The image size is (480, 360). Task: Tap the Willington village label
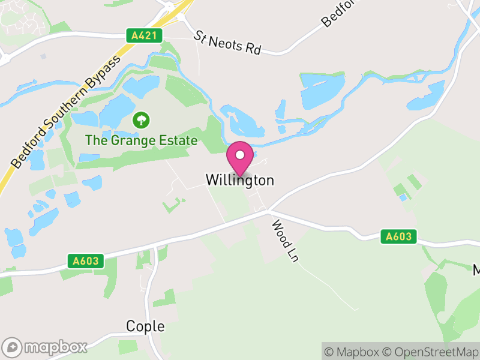pyautogui.click(x=240, y=180)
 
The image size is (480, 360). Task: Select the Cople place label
pyautogui.click(x=145, y=326)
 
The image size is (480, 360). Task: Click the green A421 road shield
pyautogui.click(x=145, y=35)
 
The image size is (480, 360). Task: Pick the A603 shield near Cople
pyautogui.click(x=86, y=261)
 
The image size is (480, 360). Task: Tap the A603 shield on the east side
pyautogui.click(x=398, y=236)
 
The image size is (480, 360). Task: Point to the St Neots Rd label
pyautogui.click(x=227, y=43)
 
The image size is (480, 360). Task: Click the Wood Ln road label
pyautogui.click(x=285, y=241)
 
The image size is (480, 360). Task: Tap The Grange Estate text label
pyautogui.click(x=141, y=141)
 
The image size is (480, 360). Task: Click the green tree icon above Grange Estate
pyautogui.click(x=141, y=120)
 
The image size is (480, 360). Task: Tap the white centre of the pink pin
pyautogui.click(x=240, y=155)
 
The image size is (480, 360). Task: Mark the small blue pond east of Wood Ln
pyautogui.click(x=403, y=197)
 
